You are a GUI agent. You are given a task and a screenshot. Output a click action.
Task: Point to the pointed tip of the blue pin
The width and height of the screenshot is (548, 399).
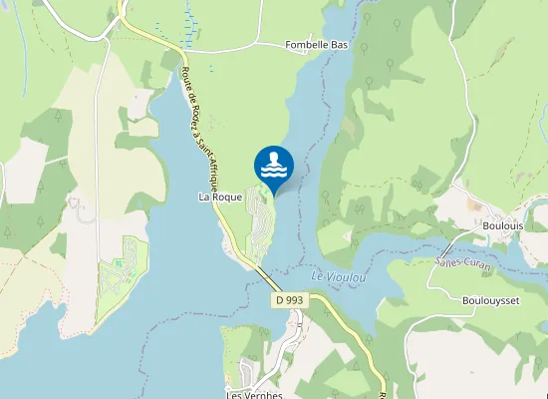274,194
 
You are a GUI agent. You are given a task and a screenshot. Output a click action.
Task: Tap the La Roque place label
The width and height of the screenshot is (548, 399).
220,198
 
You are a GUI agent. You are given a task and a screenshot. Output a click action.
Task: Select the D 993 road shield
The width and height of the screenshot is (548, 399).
290,299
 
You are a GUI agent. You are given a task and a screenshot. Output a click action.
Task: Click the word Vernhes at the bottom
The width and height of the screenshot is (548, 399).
264,394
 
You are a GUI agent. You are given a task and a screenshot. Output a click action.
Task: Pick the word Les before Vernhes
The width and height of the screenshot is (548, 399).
236,394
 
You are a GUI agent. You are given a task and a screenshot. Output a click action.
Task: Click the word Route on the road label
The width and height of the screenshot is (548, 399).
186,78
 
